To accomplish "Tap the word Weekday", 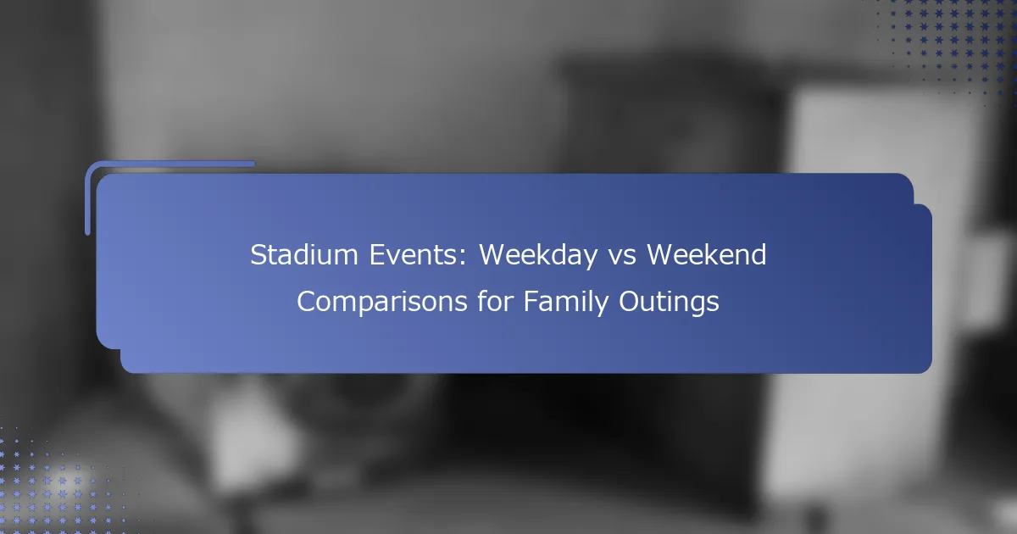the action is click(x=538, y=256).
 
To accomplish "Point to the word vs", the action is click(x=622, y=258).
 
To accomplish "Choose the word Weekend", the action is click(x=707, y=254).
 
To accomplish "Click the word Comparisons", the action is click(x=382, y=302).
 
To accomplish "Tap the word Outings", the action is click(x=670, y=302).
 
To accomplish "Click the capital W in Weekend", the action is click(x=661, y=255).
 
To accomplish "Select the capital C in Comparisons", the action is click(x=307, y=302).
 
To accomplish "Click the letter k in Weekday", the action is click(x=543, y=254).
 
